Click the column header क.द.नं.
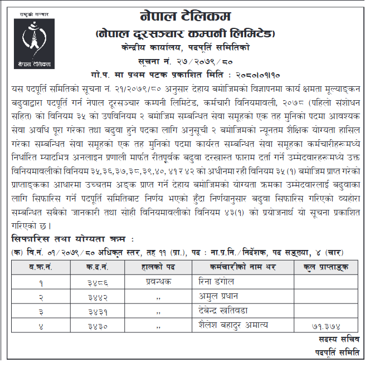[x=102, y=268]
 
